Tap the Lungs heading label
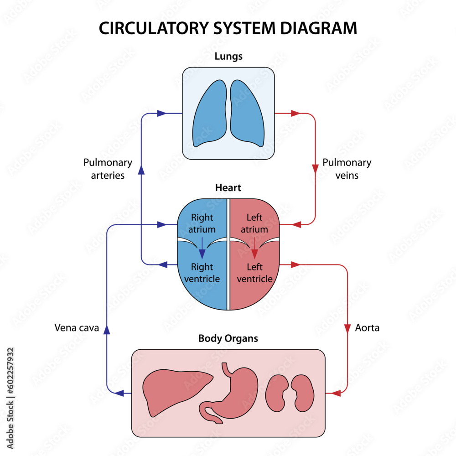(228, 57)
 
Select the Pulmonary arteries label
(108, 169)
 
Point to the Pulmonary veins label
(347, 169)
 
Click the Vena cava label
(77, 327)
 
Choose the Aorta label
(367, 327)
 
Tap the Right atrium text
(202, 223)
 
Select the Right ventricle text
(202, 273)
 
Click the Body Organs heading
(228, 338)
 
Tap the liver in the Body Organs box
(176, 390)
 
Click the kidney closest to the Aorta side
(302, 392)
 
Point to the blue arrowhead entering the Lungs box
(161, 113)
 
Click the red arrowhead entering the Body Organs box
(336, 393)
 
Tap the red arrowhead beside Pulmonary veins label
(315, 168)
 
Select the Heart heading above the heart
(228, 187)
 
